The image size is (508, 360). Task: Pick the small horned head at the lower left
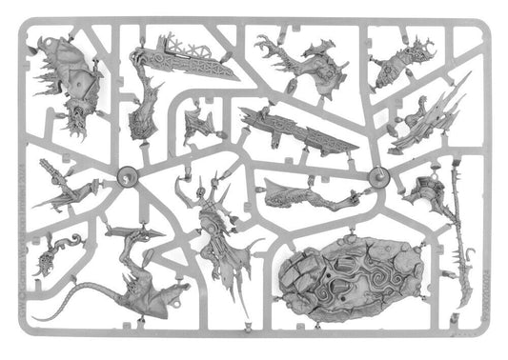49,253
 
